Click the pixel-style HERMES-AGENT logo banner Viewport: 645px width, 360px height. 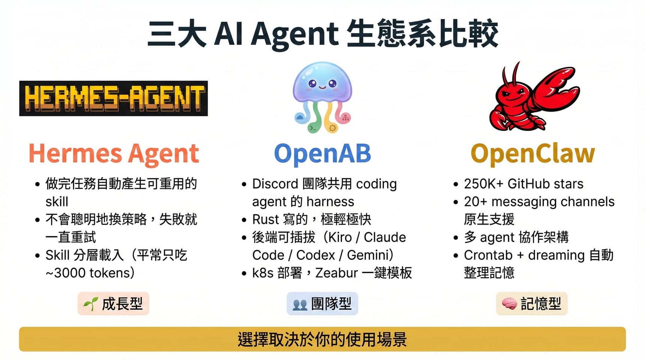coord(113,98)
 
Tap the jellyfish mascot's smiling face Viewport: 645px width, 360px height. coord(322,84)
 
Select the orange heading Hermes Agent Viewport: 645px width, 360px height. coord(114,154)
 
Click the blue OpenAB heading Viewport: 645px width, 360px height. coord(322,154)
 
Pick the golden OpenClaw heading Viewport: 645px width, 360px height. coord(533,154)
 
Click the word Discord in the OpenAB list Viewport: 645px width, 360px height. coord(275,184)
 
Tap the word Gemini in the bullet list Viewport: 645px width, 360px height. coord(369,255)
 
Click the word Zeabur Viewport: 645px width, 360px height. coord(337,273)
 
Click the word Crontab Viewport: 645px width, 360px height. coord(488,255)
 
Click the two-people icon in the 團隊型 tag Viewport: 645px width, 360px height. coord(300,304)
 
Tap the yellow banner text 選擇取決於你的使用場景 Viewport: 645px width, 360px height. coord(322,339)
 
